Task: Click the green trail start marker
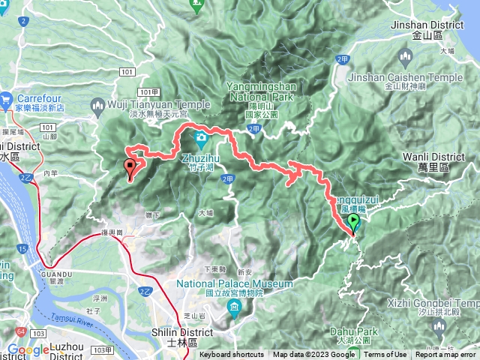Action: pos(354,222)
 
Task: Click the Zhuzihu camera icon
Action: pos(202,139)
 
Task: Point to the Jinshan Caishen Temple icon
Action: pos(406,57)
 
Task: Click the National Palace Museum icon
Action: pos(235,307)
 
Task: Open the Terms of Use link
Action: pos(385,355)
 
